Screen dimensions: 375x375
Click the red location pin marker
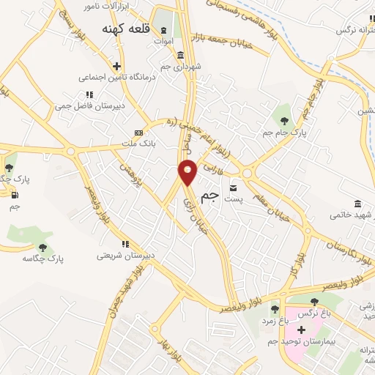coord(188,171)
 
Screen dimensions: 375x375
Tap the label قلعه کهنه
coord(131,29)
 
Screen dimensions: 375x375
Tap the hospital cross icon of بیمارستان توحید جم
coord(301,330)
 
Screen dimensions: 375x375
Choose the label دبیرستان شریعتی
coord(125,256)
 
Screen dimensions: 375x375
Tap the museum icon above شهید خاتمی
coord(357,203)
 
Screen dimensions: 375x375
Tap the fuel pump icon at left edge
coord(15,195)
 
